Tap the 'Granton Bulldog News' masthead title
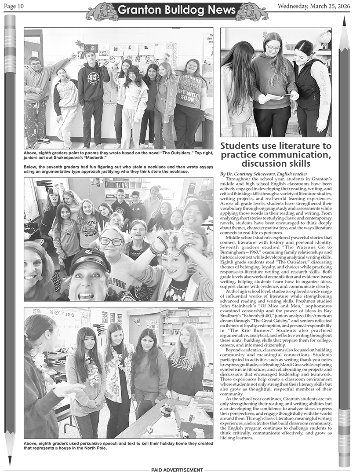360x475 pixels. coord(179,10)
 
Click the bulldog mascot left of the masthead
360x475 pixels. coord(102,11)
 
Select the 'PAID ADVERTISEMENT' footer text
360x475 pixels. coord(177,470)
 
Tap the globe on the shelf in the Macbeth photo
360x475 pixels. coord(324,39)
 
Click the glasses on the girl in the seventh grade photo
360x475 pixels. coord(111,241)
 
